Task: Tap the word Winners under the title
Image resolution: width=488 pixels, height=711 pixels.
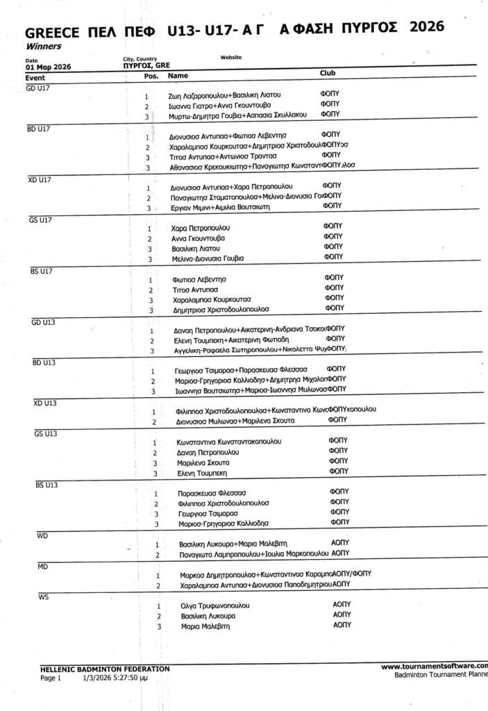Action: [43, 47]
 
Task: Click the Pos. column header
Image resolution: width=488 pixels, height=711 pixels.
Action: [151, 75]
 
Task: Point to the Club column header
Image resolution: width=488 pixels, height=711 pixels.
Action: [328, 73]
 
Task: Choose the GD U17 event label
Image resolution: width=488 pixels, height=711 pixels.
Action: [38, 88]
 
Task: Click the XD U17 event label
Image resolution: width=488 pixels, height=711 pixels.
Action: [40, 179]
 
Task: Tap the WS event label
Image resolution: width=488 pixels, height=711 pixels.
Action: [44, 596]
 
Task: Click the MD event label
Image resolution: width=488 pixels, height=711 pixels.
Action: [42, 567]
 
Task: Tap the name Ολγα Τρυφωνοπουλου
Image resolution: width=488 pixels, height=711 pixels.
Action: [214, 605]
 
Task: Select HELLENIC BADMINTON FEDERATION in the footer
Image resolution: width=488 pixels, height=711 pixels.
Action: [105, 668]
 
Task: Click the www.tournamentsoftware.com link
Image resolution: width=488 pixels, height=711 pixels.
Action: [434, 666]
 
